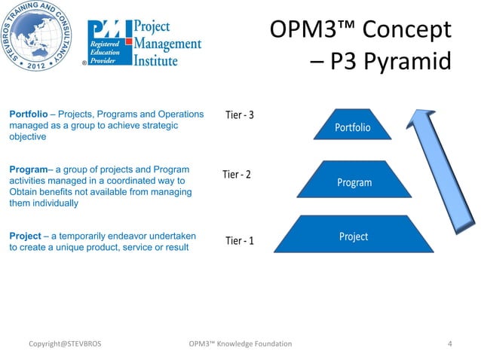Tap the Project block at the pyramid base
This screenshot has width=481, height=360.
click(353, 236)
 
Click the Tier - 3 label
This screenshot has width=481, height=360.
click(240, 115)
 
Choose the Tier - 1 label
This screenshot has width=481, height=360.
click(240, 241)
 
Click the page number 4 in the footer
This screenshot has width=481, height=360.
click(450, 344)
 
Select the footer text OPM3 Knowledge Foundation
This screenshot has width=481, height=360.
click(242, 344)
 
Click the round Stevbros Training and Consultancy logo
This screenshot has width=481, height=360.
click(41, 38)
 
